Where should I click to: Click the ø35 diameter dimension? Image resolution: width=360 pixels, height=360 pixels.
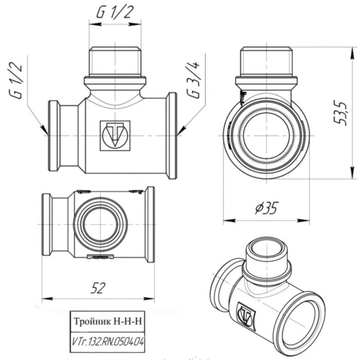point(266,208)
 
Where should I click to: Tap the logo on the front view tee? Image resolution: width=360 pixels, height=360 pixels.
point(115,135)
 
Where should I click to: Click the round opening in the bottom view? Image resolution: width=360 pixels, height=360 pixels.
point(97,224)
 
